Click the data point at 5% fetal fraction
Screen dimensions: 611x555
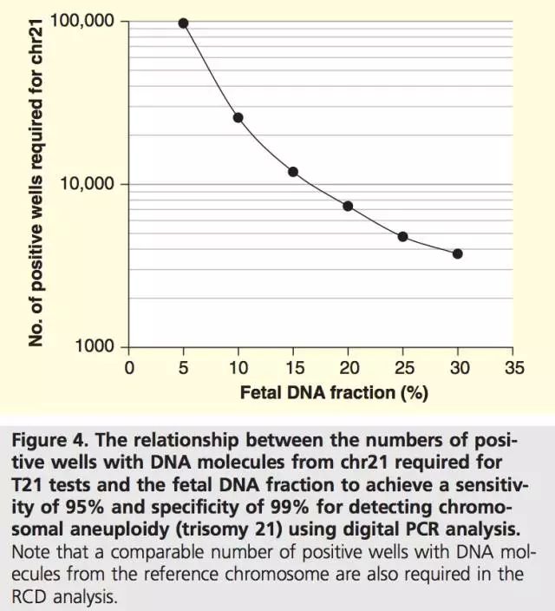184,23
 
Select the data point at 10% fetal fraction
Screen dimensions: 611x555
238,117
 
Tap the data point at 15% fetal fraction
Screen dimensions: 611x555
293,172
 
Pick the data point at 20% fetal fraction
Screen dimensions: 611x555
348,206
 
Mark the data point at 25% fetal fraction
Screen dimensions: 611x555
402,236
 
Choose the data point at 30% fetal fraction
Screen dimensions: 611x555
457,253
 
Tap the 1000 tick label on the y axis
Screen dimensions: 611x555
95,347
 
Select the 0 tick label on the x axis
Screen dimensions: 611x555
129,368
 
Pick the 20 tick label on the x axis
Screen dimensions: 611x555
348,368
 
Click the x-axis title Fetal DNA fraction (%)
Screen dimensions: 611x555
334,393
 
